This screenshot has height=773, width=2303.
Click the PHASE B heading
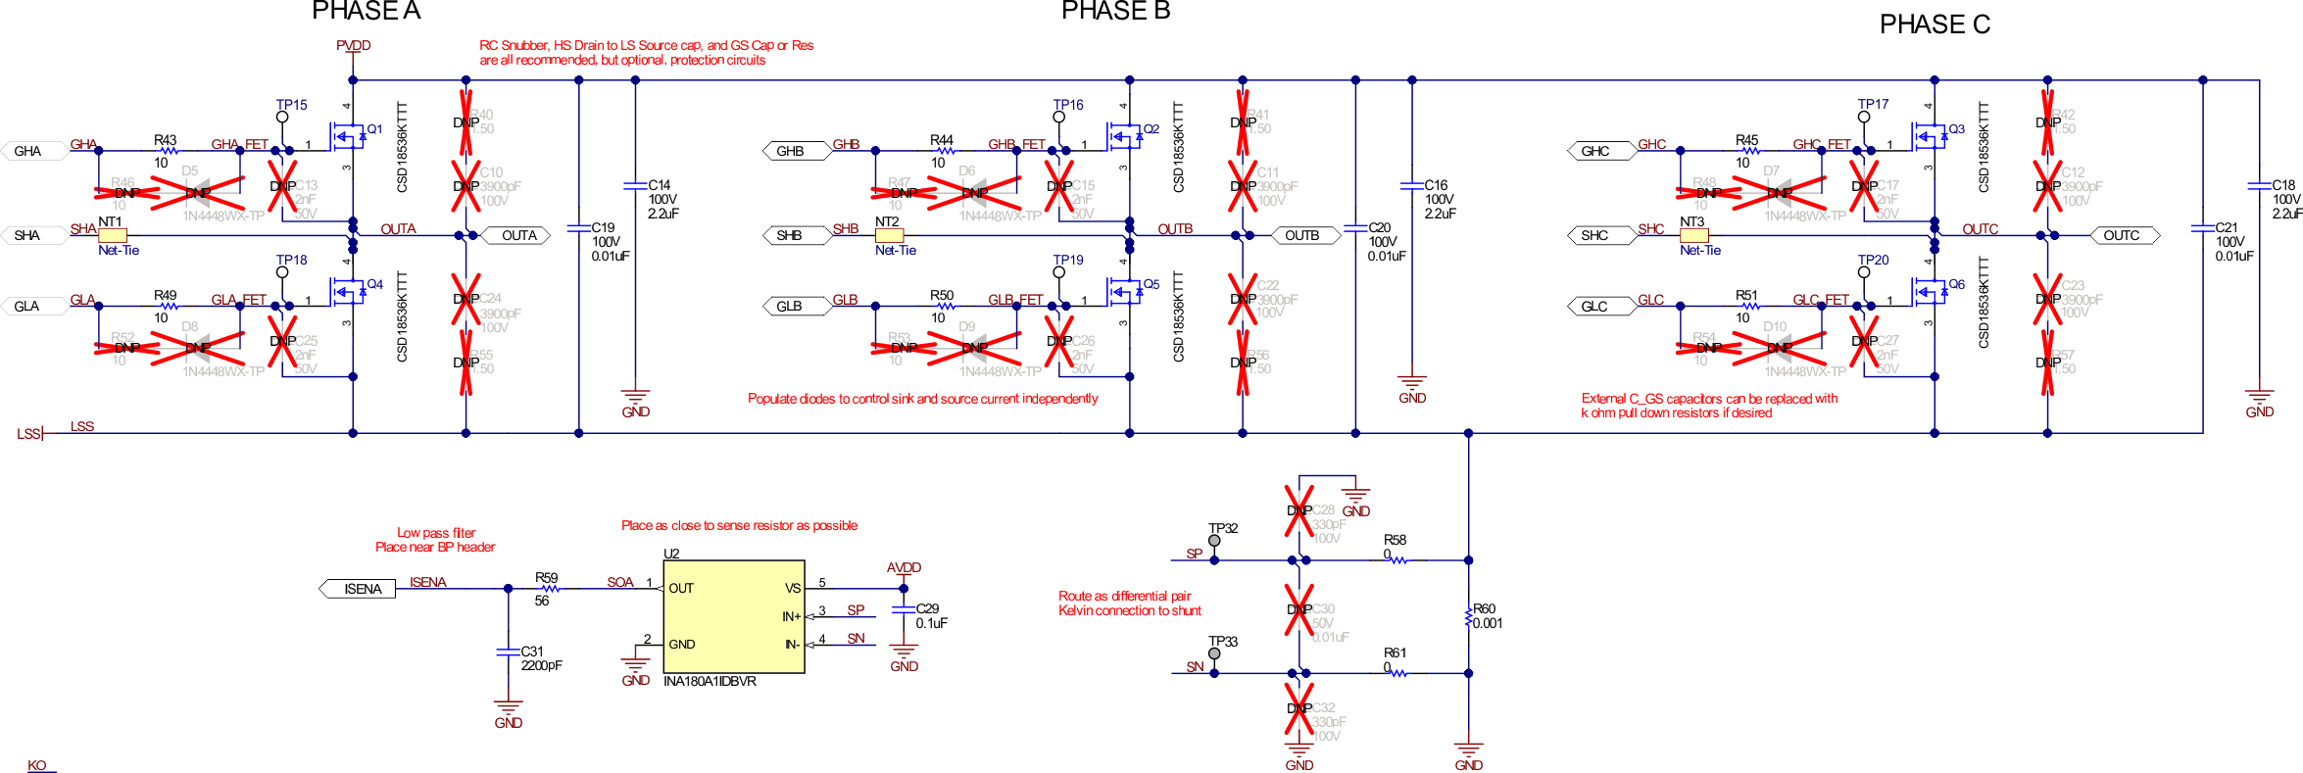click(x=1115, y=12)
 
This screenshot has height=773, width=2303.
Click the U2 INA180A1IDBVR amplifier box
click(x=734, y=616)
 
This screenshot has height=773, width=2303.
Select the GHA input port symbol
click(x=32, y=151)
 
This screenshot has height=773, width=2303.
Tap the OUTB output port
click(x=1303, y=235)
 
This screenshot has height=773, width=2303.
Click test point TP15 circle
click(x=282, y=117)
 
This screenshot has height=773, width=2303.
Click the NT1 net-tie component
click(x=112, y=235)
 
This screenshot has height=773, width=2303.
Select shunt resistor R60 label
click(x=1484, y=608)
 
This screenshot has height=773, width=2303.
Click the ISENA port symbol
click(x=359, y=589)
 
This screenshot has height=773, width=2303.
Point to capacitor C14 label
click(x=659, y=185)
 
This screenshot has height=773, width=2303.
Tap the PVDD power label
click(x=353, y=45)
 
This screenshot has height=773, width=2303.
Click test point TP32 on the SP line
click(x=1214, y=541)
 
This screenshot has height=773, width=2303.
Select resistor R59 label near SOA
click(x=546, y=578)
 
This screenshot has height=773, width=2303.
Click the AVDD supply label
click(x=904, y=567)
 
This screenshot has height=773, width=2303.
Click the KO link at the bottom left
click(x=37, y=765)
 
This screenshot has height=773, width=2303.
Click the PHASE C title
click(x=1934, y=24)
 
